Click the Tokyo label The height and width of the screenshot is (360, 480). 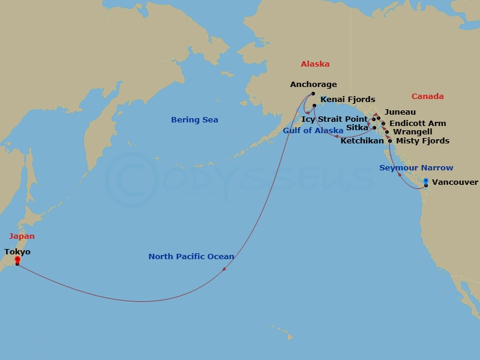coord(17,252)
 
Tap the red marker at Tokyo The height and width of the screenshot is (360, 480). coord(17,260)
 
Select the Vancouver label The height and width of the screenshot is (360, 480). coord(455,182)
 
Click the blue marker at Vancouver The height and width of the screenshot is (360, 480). coord(425,181)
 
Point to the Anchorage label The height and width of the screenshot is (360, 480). coord(313,85)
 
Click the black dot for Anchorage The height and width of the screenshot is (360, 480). coord(313,94)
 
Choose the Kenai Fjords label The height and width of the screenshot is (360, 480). coord(348,100)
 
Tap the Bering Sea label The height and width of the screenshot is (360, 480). coord(194,120)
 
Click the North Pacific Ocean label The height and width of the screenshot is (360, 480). coord(191,257)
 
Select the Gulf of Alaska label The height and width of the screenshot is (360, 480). coord(313,130)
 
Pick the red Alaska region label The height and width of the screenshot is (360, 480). coord(315,64)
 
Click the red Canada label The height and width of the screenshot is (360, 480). coord(428,97)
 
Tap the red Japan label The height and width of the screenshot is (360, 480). coord(21,236)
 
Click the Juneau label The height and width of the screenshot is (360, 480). coord(400,112)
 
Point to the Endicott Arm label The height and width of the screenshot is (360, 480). coord(418,124)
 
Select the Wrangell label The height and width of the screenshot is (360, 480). coord(412,132)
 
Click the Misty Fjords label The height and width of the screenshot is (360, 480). coord(422,141)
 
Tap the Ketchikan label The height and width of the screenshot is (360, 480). coord(362,141)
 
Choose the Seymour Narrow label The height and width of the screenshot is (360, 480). coord(416,168)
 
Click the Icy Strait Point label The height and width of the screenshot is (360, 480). coord(334,119)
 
